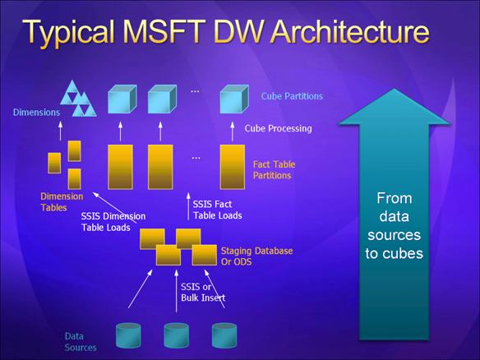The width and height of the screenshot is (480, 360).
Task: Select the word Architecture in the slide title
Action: [x=350, y=31]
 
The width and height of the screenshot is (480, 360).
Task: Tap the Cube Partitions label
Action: [x=292, y=96]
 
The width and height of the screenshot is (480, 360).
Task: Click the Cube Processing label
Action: [x=278, y=128]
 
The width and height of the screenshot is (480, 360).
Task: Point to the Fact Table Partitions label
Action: [x=274, y=170]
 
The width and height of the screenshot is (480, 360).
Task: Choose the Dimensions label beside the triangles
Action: [x=36, y=113]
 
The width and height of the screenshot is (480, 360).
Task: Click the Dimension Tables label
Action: [x=62, y=202]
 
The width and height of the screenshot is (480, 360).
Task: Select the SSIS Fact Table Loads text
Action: [x=217, y=210]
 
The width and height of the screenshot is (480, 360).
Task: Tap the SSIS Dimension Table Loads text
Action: [x=113, y=222]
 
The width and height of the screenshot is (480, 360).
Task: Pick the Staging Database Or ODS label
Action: [x=256, y=256]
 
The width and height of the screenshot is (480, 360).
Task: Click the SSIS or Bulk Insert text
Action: [x=203, y=293]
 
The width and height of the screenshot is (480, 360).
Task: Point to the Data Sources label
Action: [x=81, y=342]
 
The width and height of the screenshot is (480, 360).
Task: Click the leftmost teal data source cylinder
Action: [x=128, y=335]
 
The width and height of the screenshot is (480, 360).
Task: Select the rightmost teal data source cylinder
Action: [x=224, y=335]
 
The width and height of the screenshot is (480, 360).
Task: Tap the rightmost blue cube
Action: [x=234, y=99]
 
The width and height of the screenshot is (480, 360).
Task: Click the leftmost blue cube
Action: [x=122, y=99]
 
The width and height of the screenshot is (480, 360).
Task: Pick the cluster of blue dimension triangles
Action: [x=78, y=99]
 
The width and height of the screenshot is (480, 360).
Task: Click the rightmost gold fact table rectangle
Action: [x=233, y=167]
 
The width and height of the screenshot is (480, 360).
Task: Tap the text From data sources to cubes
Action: [x=394, y=226]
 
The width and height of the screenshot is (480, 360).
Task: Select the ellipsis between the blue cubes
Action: [x=195, y=91]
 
